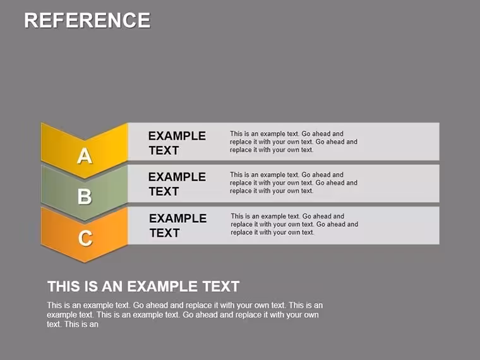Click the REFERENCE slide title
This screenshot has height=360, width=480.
point(87,20)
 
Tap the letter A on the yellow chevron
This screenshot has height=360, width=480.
point(85,156)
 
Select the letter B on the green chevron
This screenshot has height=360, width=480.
point(85,196)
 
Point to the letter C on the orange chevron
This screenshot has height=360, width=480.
point(85,238)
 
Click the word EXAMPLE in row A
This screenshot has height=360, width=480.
point(177,136)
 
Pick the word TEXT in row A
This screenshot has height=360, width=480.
point(164,150)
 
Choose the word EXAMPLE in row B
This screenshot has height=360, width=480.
point(177,177)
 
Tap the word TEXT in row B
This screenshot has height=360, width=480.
point(164,191)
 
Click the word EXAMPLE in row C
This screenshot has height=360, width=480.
point(178,219)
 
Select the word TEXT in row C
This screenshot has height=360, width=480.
point(165,233)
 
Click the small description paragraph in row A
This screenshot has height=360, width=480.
point(294,141)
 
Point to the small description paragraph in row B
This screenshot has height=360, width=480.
point(294,183)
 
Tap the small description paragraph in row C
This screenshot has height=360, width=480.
point(294,224)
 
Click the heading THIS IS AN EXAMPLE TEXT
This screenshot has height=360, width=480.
point(143,287)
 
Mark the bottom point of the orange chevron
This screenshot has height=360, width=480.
point(85,262)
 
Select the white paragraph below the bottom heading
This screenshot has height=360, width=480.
point(184,315)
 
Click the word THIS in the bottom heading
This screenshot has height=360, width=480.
point(61,287)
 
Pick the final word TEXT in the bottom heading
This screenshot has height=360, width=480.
point(221,287)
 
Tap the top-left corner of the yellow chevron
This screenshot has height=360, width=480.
point(41,123)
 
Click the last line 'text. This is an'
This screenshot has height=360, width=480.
point(73,324)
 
